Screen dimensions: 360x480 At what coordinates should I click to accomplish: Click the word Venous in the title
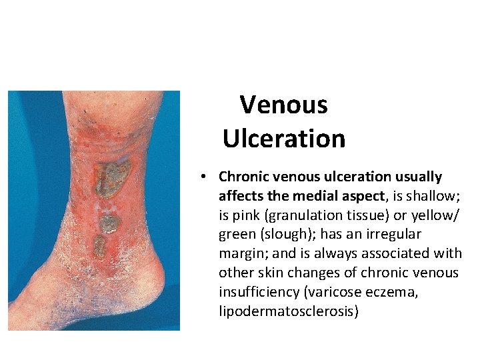tap(284, 105)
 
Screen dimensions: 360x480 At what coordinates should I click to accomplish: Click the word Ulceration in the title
tap(284, 139)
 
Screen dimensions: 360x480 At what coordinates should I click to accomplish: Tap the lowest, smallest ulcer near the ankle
tap(100, 247)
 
